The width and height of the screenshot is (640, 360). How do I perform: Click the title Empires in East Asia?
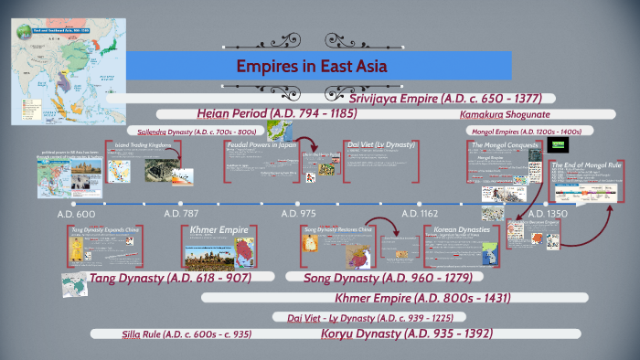point(313,67)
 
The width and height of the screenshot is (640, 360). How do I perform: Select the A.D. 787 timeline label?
point(181,213)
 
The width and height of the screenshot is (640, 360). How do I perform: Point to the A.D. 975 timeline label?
point(298,213)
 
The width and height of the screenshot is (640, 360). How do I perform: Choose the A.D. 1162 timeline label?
point(420,213)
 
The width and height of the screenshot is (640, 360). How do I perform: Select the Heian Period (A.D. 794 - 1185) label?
point(276,113)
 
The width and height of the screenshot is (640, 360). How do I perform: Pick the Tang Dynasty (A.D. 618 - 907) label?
point(169,277)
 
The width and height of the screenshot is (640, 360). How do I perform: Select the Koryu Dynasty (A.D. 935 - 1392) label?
point(407,334)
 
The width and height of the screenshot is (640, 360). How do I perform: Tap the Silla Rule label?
point(187,334)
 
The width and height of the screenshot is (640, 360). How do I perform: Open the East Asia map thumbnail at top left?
point(59,62)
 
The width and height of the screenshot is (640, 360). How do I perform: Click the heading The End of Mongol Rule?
point(585,164)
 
